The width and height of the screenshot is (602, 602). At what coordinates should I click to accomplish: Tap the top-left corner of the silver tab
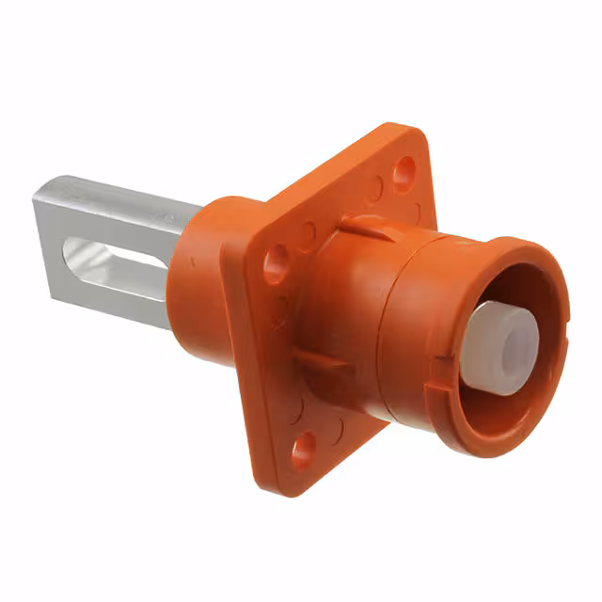(x=36, y=196)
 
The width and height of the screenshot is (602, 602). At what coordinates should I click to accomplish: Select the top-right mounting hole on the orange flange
(x=404, y=172)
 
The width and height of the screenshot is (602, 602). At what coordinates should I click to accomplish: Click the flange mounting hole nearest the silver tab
(x=276, y=264)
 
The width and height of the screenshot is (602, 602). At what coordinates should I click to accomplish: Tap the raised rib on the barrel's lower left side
(x=315, y=362)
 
